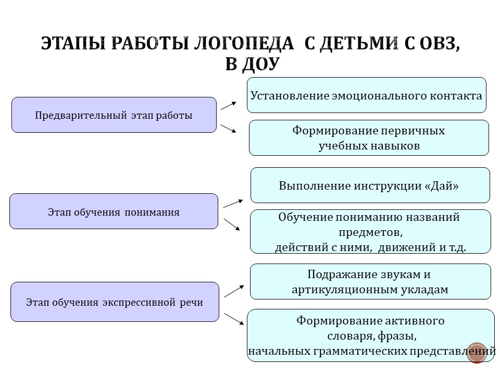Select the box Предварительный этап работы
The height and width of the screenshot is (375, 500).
coord(114,115)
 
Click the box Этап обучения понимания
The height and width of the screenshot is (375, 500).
coord(114,211)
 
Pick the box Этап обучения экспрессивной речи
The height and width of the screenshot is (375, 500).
coord(115,302)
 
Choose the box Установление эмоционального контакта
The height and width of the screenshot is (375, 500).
coord(366,95)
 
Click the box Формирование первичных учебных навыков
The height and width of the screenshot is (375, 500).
coord(369,138)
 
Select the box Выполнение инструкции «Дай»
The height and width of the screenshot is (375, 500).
coord(370,185)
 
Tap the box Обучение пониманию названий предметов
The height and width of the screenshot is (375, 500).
coord(370,232)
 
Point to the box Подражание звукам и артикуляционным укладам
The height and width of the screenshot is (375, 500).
coord(370,282)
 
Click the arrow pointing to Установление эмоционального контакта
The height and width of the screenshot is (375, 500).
coord(229,106)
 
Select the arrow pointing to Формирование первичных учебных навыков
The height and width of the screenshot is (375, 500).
coord(229,129)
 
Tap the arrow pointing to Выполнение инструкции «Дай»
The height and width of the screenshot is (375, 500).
coord(233,203)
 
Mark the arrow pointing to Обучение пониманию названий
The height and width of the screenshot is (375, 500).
coord(232,224)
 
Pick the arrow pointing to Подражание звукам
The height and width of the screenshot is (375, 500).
coord(234,291)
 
